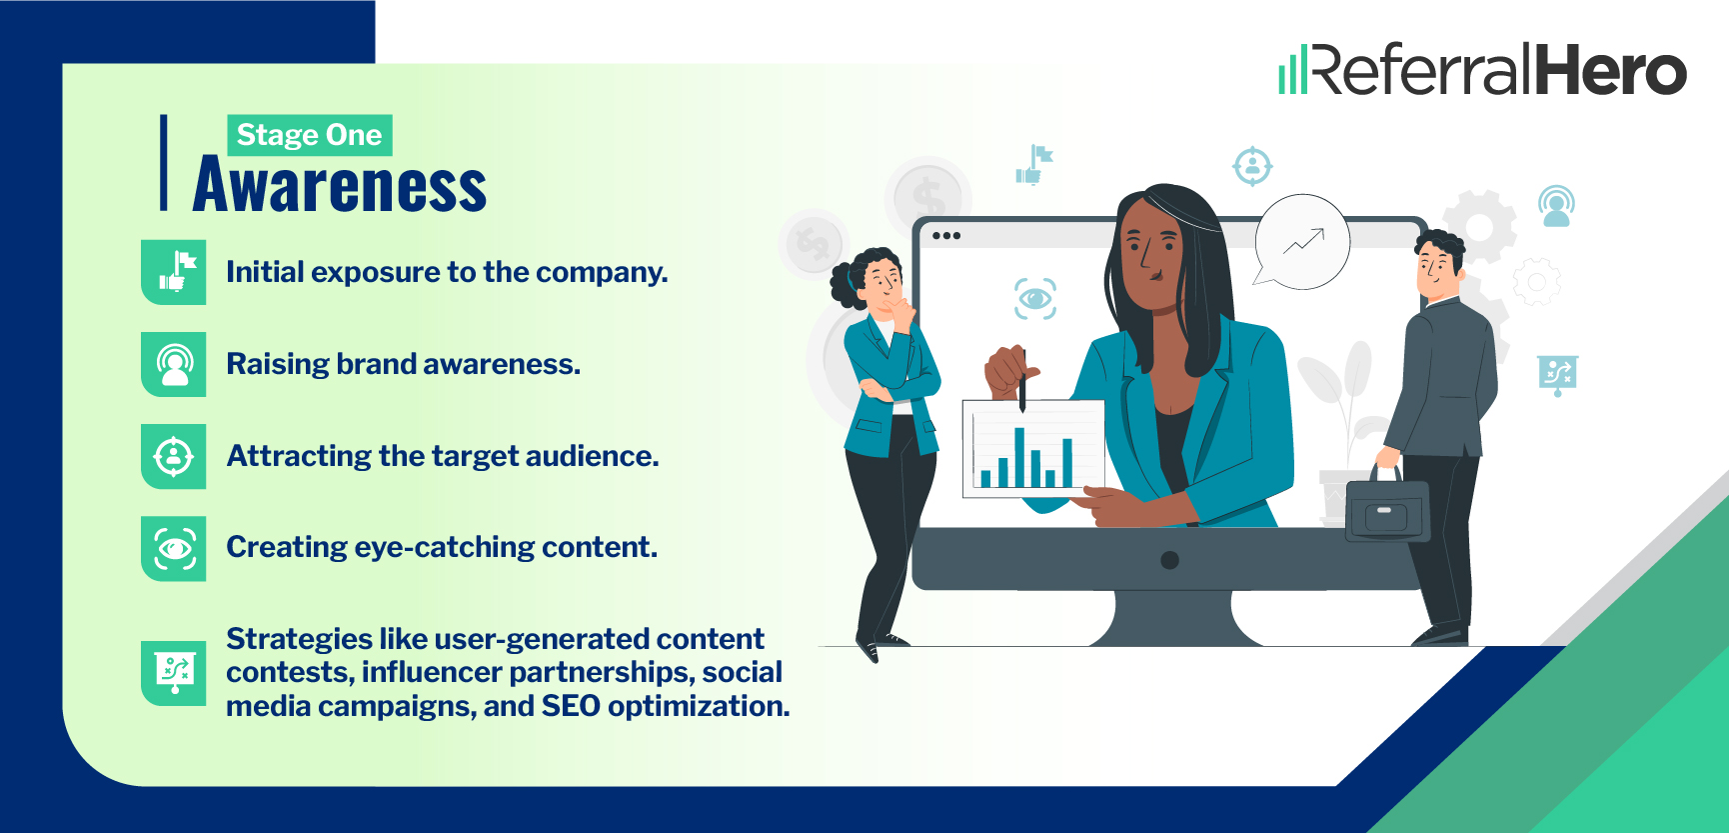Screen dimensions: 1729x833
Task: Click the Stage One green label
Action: coord(310,135)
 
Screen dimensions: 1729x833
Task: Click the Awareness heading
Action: coord(340,186)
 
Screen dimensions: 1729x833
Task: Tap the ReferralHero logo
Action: coord(1483,69)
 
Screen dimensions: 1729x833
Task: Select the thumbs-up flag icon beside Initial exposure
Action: coord(174,272)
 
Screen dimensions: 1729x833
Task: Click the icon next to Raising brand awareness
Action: coord(174,364)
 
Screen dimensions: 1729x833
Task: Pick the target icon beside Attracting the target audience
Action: coord(174,456)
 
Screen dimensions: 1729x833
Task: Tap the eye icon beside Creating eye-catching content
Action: coord(174,548)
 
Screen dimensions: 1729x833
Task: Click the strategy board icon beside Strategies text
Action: coord(174,672)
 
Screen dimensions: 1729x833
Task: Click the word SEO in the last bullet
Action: coord(571,706)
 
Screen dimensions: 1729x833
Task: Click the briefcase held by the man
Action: coord(1387,508)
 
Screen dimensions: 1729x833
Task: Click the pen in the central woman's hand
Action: coord(1022,380)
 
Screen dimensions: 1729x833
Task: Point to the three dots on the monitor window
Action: coord(945,236)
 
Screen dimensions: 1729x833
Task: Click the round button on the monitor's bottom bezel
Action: coord(1169,560)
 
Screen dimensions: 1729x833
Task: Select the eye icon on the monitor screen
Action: coord(1035,298)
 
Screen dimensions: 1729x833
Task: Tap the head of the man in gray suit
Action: coord(1439,262)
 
